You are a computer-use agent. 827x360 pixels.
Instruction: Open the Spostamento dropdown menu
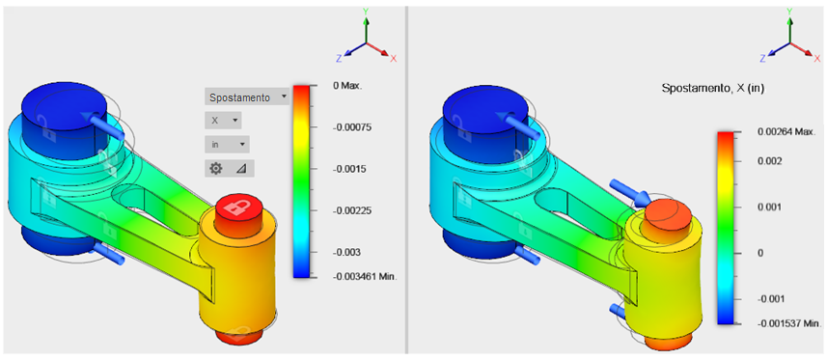247,97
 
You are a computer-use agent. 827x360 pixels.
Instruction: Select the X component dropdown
224,121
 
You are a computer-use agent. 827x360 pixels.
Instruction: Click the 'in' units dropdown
227,144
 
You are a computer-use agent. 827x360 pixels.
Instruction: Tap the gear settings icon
216,168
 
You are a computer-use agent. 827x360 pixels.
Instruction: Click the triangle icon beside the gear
241,168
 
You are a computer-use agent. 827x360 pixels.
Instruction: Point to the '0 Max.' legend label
347,86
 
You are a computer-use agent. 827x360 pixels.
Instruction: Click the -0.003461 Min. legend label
365,275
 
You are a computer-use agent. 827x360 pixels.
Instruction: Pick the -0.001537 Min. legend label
787,322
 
